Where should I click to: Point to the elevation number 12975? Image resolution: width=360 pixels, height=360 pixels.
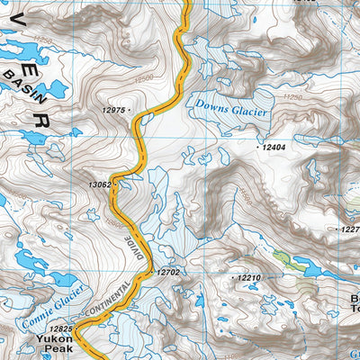click(x=114, y=110)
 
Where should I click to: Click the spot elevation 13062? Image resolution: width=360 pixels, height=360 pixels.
click(x=99, y=184)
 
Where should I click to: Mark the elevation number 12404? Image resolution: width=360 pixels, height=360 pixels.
click(x=274, y=146)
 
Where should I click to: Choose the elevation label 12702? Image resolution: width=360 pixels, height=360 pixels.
click(x=169, y=272)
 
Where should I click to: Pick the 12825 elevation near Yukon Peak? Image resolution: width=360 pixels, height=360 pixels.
click(x=60, y=329)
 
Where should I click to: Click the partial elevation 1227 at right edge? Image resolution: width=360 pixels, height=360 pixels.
click(x=350, y=229)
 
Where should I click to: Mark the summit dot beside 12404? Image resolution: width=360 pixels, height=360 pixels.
click(x=258, y=146)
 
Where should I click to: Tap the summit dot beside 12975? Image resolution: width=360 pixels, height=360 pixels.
click(x=131, y=110)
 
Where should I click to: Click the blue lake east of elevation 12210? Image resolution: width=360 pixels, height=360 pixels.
click(x=310, y=268)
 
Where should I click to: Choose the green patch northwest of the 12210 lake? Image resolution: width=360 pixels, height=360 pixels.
click(x=282, y=257)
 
